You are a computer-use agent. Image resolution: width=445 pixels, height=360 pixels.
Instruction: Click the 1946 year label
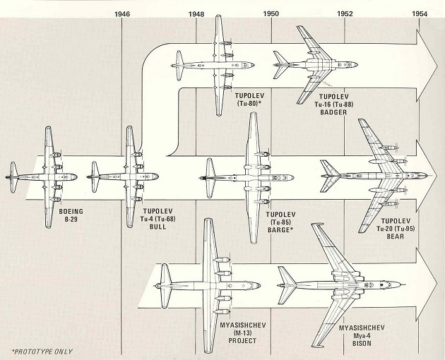click(x=122, y=13)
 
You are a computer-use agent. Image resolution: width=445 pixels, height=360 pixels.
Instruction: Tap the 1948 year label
click(x=197, y=13)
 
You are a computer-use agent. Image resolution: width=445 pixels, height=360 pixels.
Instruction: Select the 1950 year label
click(x=271, y=13)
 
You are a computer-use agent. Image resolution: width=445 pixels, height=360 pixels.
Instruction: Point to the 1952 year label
click(x=345, y=13)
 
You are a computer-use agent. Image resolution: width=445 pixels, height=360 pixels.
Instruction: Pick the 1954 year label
click(x=420, y=13)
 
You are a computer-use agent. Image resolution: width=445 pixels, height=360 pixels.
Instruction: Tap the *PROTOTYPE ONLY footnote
click(x=42, y=351)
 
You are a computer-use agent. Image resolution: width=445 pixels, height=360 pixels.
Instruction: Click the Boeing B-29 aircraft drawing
click(x=47, y=176)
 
